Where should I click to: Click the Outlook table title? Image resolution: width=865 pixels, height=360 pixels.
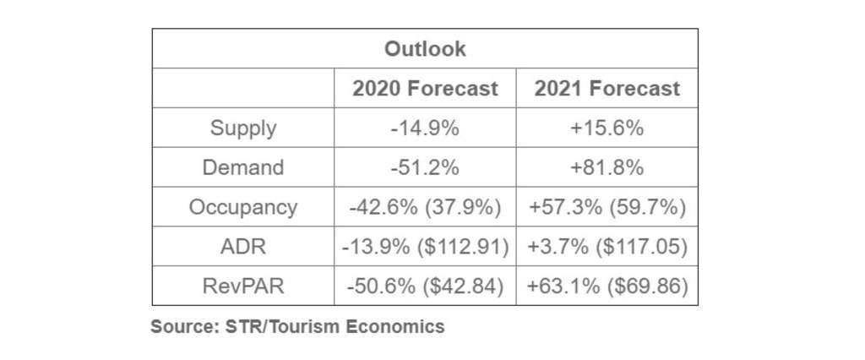coord(425,49)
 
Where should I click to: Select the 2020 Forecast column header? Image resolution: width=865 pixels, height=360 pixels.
coord(425,89)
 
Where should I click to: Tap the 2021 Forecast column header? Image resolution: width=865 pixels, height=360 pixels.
coord(607,89)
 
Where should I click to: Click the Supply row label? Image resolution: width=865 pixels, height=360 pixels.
coord(243,128)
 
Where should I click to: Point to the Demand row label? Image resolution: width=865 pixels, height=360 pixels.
coord(243,167)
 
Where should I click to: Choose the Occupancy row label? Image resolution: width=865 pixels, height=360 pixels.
coord(243,207)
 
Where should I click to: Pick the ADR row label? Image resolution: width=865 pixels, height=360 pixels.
coord(243,247)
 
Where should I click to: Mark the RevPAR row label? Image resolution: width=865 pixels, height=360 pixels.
coord(243,286)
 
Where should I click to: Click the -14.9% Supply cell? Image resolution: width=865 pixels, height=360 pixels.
coord(425,128)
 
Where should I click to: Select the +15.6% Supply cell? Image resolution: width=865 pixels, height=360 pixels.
coord(607,128)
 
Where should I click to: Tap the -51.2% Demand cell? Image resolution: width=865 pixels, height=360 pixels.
coord(425,167)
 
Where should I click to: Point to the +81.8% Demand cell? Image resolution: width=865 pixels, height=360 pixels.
coord(607,167)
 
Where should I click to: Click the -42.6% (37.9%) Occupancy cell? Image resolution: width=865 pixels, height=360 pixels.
coord(425,207)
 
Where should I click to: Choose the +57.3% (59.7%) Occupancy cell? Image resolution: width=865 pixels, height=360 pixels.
coord(607,207)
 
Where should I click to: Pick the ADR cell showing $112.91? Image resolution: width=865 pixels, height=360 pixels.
coord(425,247)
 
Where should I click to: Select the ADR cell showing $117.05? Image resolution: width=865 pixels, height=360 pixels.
coord(607,247)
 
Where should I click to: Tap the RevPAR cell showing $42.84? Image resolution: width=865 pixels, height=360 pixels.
coord(425,286)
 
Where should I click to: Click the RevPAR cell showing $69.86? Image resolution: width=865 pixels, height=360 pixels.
coord(607,286)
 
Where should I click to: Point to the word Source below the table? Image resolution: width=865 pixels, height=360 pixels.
coord(180,326)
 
